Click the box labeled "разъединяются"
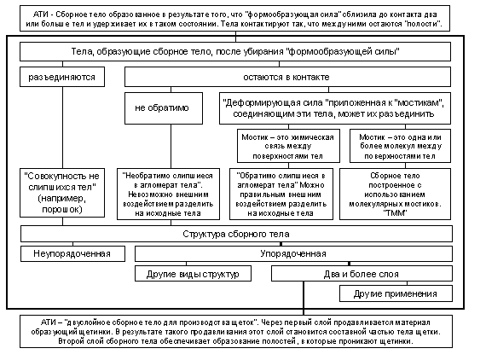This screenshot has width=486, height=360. tap(62, 77)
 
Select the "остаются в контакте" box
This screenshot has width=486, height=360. tap(287, 77)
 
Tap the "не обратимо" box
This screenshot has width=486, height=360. tap(164, 108)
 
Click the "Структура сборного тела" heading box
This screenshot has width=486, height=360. tap(236, 234)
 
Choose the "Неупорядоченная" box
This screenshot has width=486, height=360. tap(72, 253)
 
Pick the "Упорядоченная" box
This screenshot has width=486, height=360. tap(293, 253)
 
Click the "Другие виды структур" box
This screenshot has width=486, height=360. tap(193, 274)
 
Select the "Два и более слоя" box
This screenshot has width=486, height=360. tap(362, 274)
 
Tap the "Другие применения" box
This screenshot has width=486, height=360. tap(396, 293)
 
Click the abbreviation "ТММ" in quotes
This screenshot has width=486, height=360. tap(395, 213)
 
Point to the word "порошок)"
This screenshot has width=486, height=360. tap(62, 209)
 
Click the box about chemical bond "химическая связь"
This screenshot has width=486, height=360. tap(288, 146)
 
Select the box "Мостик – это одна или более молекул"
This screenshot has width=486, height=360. tap(400, 146)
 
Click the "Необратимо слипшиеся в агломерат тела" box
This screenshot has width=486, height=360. tap(168, 195)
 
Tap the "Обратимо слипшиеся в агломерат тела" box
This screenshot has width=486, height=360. tap(281, 195)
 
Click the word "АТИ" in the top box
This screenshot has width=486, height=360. tap(39, 15)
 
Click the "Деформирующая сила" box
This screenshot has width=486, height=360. tap(335, 108)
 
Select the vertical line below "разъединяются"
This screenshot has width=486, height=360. tap(62, 127)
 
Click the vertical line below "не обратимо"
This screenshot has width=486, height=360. tap(171, 147)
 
